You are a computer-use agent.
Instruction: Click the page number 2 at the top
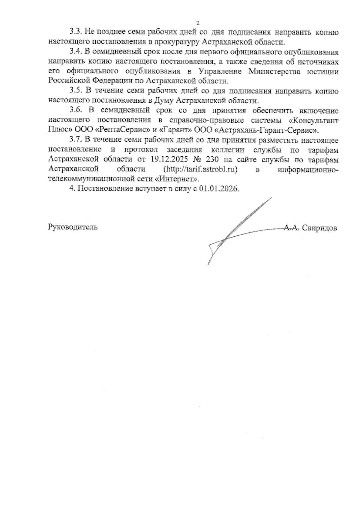coord(197,23)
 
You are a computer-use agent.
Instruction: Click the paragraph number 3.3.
coord(76,32)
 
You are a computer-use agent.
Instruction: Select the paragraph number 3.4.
coord(76,52)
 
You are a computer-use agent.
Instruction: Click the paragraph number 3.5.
coord(76,91)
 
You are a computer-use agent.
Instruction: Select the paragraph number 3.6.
coord(76,110)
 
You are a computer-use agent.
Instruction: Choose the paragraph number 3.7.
coord(76,140)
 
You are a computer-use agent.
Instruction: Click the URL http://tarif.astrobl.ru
coord(200,169)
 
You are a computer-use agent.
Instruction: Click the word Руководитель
coord(73,227)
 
